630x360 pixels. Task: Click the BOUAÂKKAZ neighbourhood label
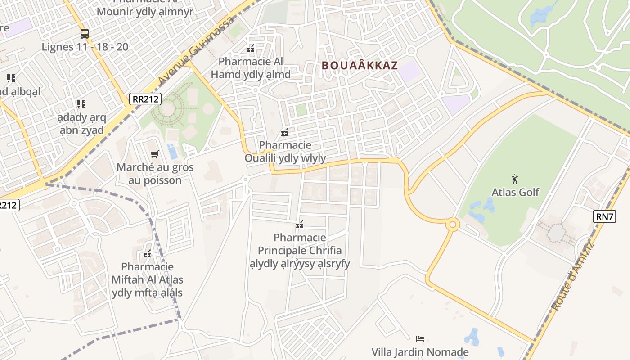[360, 65]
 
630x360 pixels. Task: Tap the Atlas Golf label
[515, 192]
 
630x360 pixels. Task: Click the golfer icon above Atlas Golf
[515, 179]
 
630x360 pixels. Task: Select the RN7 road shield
[605, 216]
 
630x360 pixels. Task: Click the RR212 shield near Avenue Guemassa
[145, 99]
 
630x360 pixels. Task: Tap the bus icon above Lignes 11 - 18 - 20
[85, 33]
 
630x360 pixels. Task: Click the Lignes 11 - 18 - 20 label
[85, 47]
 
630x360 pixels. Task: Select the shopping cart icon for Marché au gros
[155, 154]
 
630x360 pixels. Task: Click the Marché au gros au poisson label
[155, 174]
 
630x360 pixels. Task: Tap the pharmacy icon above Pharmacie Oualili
[285, 132]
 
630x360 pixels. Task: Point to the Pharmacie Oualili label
[285, 152]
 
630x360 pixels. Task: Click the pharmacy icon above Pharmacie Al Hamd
[251, 49]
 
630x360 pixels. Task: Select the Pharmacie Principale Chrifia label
[300, 250]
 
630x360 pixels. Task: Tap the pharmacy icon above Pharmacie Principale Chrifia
[300, 224]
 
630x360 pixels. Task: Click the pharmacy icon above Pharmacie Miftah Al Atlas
[147, 254]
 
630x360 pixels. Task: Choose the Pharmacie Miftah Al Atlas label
[147, 279]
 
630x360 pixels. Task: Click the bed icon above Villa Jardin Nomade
[420, 338]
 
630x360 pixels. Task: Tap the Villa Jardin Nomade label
[420, 352]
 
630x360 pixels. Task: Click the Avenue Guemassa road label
[197, 50]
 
